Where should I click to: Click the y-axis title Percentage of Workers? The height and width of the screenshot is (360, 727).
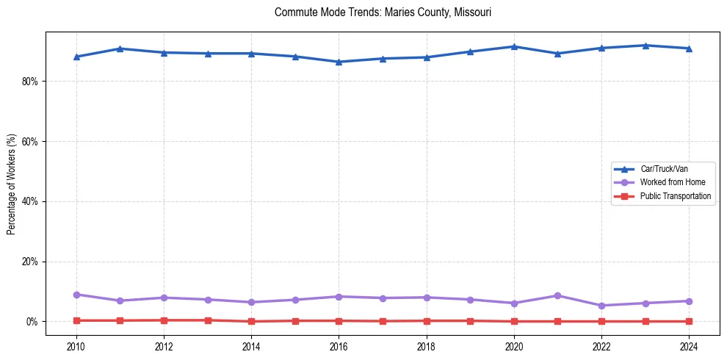tap(12, 184)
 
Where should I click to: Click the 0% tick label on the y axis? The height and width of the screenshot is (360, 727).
tap(31, 322)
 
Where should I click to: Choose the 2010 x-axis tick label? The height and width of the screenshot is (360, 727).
tap(76, 345)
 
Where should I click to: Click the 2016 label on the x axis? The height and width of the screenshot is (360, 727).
tap(339, 345)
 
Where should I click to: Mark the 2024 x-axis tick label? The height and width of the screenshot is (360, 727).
tap(689, 345)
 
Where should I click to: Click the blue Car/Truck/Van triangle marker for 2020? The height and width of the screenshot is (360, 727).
tap(514, 46)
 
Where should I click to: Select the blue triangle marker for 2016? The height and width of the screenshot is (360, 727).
tap(339, 62)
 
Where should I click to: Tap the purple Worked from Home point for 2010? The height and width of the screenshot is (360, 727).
tap(76, 295)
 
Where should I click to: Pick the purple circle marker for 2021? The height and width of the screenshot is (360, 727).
tap(557, 295)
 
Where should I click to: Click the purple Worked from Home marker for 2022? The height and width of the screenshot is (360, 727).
tap(601, 306)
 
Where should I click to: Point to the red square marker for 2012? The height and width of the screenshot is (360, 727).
tap(164, 320)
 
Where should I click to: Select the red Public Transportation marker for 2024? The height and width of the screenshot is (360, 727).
tap(689, 321)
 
